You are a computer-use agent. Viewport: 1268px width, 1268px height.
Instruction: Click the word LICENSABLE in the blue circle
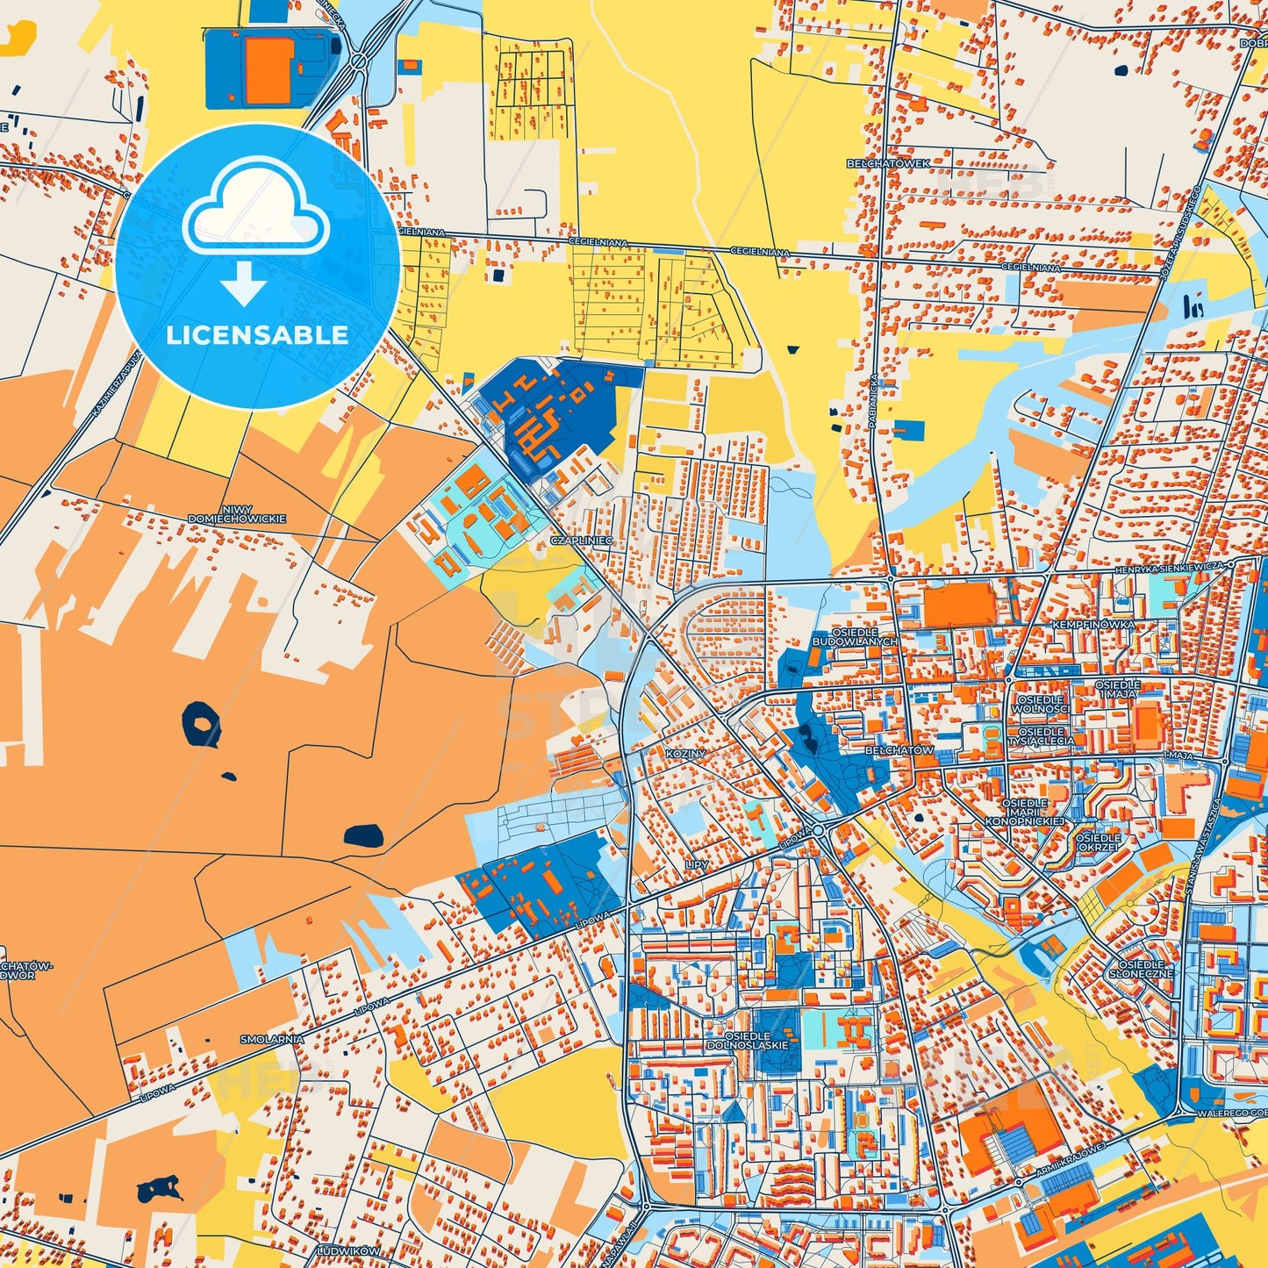[x=257, y=334]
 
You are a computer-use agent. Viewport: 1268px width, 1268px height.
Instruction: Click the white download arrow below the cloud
[x=244, y=283]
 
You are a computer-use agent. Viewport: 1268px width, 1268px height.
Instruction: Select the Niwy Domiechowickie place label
[x=237, y=514]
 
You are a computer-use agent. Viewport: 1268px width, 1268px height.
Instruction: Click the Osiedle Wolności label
[x=1041, y=704]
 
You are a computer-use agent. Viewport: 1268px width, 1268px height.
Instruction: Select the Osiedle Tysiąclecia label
[x=1042, y=735]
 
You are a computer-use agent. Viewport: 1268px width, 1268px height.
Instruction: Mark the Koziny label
[x=685, y=754]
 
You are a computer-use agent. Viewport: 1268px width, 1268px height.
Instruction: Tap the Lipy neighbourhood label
[x=697, y=864]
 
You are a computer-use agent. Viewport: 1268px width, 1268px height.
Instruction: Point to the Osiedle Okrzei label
[x=1098, y=842]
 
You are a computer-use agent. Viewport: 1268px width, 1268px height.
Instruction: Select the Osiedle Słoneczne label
[x=1141, y=969]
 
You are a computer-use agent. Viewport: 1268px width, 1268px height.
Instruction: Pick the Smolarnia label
[x=272, y=1039]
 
